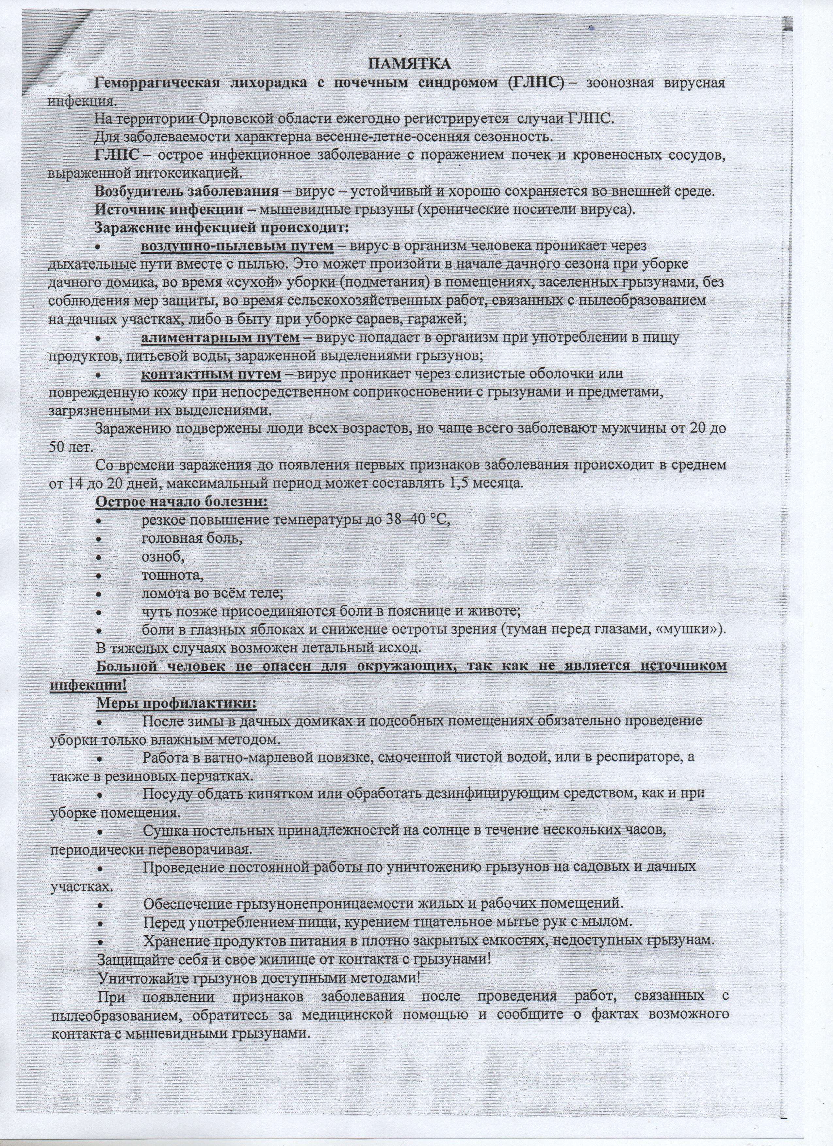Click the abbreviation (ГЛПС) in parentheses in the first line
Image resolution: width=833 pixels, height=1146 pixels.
coord(535,83)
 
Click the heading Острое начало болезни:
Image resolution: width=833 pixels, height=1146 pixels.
coord(181,502)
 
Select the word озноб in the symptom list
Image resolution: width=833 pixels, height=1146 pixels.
coord(161,557)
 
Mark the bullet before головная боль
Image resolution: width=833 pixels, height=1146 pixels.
coord(101,539)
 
